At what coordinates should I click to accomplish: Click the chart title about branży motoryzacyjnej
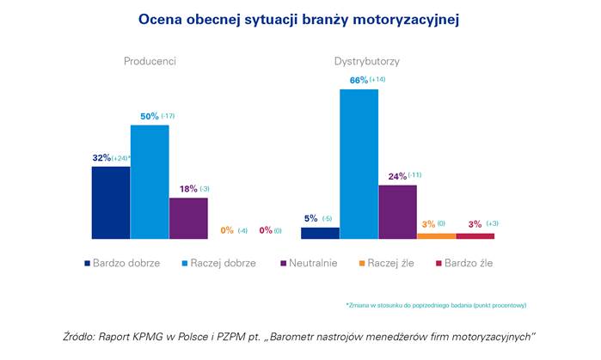point(299,19)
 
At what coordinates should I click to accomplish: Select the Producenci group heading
point(150,62)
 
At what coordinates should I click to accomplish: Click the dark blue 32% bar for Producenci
point(111,202)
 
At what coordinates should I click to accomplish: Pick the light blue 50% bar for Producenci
point(150,181)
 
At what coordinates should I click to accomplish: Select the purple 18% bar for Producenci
point(188,217)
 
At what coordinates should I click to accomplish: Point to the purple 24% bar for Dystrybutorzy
point(397,211)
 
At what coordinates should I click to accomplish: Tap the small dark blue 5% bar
point(320,233)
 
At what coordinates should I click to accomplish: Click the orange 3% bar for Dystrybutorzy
point(437,235)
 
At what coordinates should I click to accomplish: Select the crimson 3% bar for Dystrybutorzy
point(475,235)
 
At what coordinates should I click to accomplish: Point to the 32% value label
point(101,157)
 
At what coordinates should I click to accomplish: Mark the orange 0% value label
point(228,229)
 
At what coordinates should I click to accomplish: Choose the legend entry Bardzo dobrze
point(126,263)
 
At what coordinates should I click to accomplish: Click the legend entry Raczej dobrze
point(221,263)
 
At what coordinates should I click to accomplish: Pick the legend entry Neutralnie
point(313,263)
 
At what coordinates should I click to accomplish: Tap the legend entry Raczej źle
point(389,263)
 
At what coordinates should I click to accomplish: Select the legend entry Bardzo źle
point(468,263)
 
